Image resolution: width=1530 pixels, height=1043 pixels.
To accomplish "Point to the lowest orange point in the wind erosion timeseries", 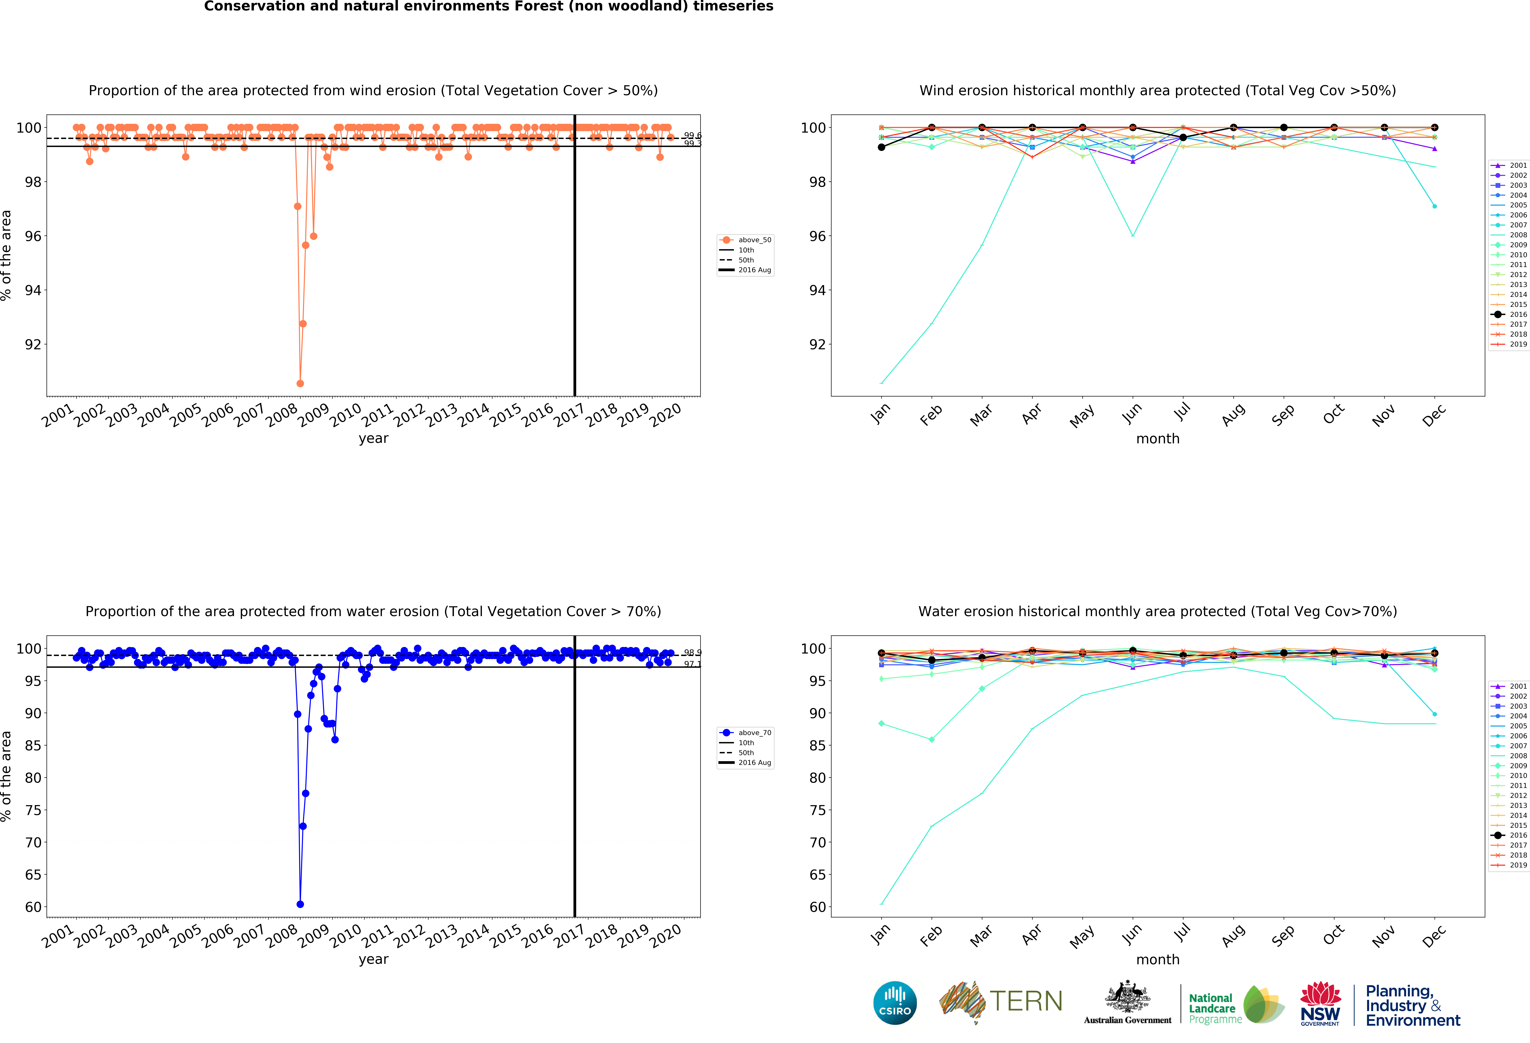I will pyautogui.click(x=300, y=383).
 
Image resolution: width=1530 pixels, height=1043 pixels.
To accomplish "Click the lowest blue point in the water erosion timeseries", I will pyautogui.click(x=300, y=904).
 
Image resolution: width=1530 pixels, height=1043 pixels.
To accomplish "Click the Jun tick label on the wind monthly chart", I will pyautogui.click(x=1132, y=413).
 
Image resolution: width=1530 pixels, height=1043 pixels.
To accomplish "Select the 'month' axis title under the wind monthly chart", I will pyautogui.click(x=1157, y=438).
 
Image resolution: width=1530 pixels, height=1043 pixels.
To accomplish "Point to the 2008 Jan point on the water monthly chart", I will pyautogui.click(x=881, y=904).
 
